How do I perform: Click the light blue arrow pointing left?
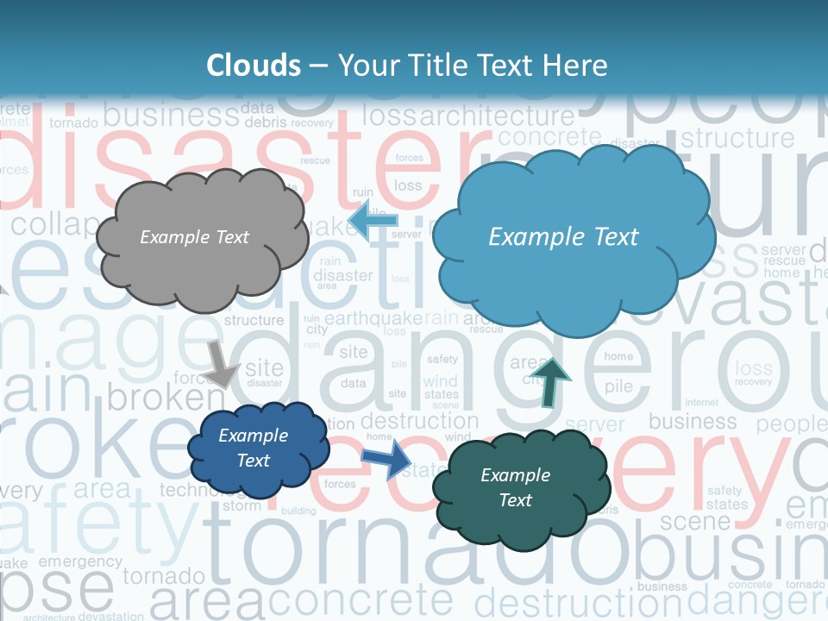tap(373, 223)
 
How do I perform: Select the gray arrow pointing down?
tap(221, 363)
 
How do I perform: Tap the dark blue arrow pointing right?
tap(386, 460)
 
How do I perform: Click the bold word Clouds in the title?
tap(253, 66)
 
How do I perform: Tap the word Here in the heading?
tap(577, 66)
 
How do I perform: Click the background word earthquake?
tap(372, 318)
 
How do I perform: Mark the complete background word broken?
tap(165, 397)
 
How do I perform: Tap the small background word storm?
tap(241, 506)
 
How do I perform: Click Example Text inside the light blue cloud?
tap(563, 237)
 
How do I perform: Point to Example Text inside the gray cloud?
tap(194, 237)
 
